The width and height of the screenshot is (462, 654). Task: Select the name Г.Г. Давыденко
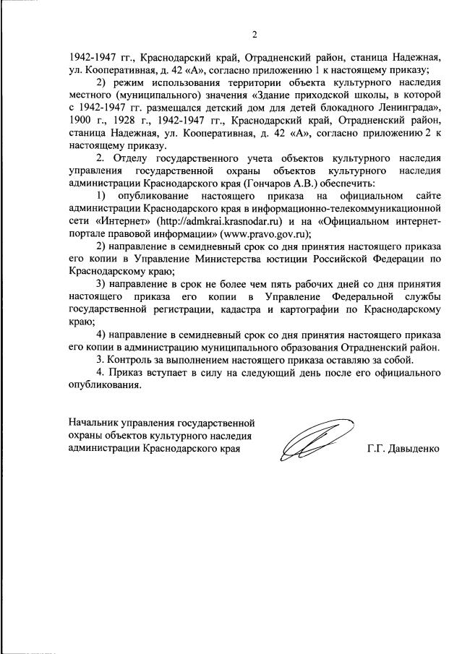click(x=403, y=448)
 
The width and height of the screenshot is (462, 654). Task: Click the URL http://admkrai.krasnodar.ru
click(x=231, y=222)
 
